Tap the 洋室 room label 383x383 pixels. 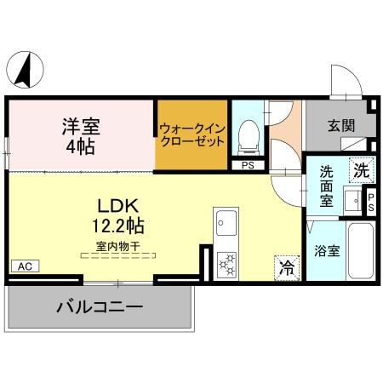(81, 128)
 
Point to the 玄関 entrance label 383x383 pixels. (340, 125)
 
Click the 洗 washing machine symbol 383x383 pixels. (361, 170)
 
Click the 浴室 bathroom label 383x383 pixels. (327, 251)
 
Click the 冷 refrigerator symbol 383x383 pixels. (287, 267)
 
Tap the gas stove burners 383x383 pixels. (227, 264)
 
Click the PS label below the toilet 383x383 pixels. (249, 165)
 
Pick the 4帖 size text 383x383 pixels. (82, 146)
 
